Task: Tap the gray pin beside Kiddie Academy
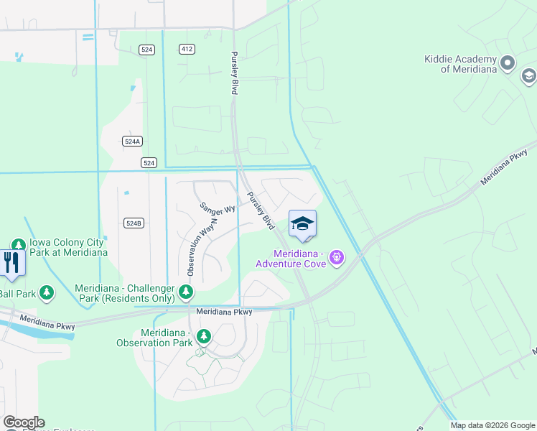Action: pos(508,63)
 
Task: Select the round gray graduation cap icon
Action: pos(528,75)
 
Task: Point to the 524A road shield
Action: pos(131,142)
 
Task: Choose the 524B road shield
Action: pos(134,223)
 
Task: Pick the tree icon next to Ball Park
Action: pos(47,292)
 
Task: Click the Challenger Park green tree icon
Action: pos(186,292)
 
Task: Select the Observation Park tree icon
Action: pos(204,335)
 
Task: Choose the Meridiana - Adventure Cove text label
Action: pos(299,259)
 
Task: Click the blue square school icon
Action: pos(302,223)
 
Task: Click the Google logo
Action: pos(24,422)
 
